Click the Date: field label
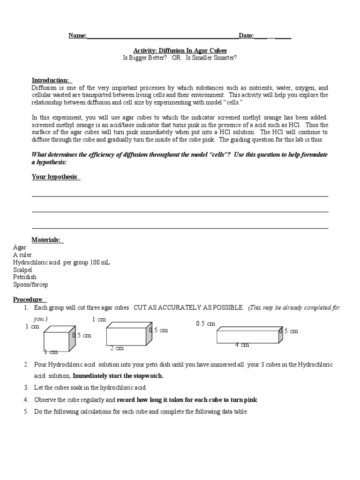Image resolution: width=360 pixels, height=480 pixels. click(246, 36)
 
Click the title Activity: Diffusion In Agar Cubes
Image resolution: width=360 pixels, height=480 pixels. click(180, 50)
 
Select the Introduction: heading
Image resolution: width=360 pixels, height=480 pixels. click(51, 80)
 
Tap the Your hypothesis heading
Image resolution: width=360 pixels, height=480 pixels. click(55, 177)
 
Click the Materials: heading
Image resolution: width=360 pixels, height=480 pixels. click(46, 240)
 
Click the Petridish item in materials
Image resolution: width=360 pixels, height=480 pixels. click(24, 277)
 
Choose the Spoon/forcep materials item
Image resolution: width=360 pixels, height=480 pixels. click(30, 285)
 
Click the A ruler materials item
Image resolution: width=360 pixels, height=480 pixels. click(22, 255)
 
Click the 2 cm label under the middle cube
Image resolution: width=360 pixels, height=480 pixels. click(117, 348)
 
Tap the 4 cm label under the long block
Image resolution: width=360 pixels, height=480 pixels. click(242, 345)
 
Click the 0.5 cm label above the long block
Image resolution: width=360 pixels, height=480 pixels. click(205, 323)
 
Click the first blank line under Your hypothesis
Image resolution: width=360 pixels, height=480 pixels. click(180, 195)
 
